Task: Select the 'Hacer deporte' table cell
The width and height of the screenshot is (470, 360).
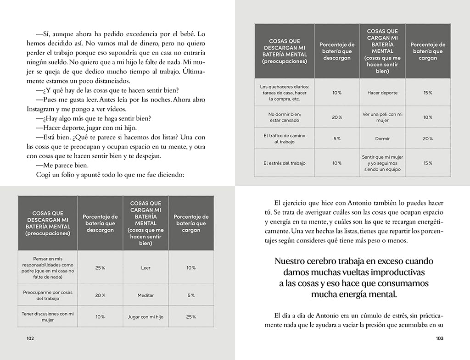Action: click(382, 93)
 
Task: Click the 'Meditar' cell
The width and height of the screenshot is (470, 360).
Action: click(145, 295)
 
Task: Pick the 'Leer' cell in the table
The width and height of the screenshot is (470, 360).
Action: click(145, 268)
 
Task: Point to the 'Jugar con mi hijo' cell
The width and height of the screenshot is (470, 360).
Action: click(145, 317)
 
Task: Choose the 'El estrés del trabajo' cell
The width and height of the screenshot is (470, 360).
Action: click(285, 163)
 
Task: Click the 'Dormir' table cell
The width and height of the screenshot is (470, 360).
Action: click(382, 138)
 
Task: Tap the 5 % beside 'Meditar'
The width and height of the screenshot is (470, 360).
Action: click(191, 295)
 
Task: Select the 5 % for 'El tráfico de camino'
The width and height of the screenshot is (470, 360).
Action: click(336, 138)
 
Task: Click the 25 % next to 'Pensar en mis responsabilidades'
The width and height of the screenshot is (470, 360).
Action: click(100, 268)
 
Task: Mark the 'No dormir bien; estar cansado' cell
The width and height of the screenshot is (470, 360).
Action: click(285, 117)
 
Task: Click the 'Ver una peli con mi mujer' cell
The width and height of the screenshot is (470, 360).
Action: click(382, 117)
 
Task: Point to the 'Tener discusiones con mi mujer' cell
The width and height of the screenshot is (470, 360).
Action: click(48, 317)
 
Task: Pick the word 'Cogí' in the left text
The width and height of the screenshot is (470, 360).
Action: click(43, 174)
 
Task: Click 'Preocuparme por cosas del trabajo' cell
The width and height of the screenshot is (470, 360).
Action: click(48, 295)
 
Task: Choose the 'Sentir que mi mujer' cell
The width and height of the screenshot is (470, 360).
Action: click(382, 163)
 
